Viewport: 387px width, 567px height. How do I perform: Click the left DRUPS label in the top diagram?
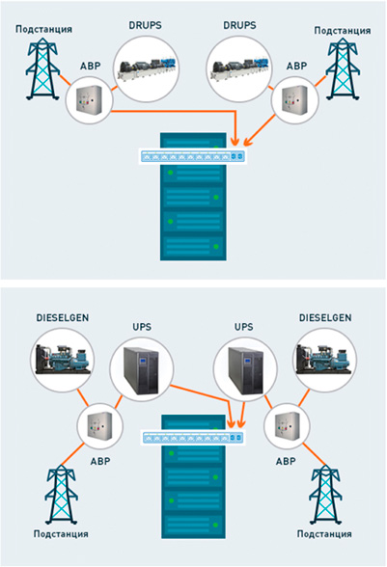pos(145,25)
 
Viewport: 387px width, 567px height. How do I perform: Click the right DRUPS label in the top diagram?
pos(239,25)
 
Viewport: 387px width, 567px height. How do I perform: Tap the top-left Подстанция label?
pos(43,29)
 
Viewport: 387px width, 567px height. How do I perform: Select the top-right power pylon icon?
pos(342,68)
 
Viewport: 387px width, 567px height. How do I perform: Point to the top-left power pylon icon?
pos(42,68)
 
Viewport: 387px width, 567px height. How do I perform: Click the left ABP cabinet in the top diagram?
pos(89,100)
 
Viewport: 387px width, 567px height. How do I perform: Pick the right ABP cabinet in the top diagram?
pos(295,100)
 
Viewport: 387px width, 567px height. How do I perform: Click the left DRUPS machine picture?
pos(147,68)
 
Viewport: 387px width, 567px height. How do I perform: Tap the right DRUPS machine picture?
pos(239,68)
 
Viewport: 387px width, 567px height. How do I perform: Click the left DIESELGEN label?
pos(63,318)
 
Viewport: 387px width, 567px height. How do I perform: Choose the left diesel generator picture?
pos(63,360)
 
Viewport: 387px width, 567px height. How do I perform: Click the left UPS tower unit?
pos(141,369)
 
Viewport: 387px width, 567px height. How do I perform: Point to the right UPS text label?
pos(243,327)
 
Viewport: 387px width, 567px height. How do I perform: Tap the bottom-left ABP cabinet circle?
pos(100,425)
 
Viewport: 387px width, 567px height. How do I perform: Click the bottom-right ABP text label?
pos(286,461)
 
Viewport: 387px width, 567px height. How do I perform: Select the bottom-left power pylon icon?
pos(61,495)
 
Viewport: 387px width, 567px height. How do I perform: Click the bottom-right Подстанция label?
pos(324,534)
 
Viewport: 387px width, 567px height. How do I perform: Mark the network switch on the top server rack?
pos(193,156)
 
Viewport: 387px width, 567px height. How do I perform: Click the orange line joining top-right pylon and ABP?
pos(320,82)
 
